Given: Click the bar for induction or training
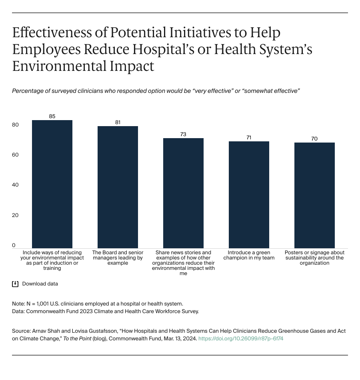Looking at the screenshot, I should tap(52, 184).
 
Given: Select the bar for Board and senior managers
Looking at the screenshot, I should tap(118, 187).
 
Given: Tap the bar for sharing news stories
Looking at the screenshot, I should tap(183, 193).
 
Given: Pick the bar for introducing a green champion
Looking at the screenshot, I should tap(249, 195).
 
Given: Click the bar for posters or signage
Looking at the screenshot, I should tap(314, 195).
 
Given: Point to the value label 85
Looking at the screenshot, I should tap(52, 117).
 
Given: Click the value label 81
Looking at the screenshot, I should tap(118, 123).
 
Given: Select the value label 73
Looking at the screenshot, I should tap(183, 135).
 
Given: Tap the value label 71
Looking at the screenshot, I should tap(249, 138).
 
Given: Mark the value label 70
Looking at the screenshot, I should tap(314, 139).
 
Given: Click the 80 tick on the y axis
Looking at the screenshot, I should tap(15, 125).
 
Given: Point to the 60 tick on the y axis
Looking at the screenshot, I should tap(15, 155).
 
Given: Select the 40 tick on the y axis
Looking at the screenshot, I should tap(15, 185).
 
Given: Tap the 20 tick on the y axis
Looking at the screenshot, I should tap(15, 215).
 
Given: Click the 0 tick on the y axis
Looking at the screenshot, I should tap(14, 245).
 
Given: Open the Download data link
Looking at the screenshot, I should tap(40, 284).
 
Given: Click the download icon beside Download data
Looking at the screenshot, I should tap(15, 284).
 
